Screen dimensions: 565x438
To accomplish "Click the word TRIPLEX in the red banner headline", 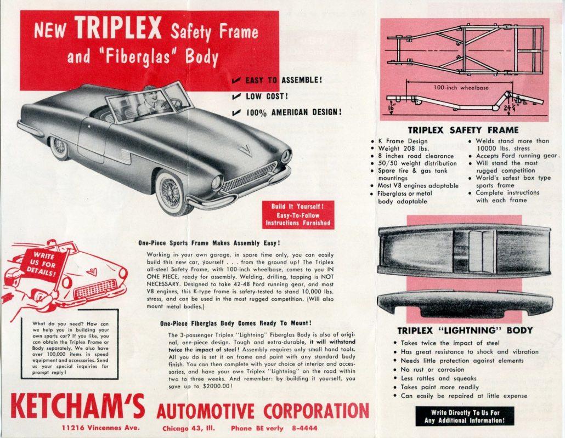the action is [x=118, y=28].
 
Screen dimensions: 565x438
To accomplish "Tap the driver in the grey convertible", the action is [x=150, y=102].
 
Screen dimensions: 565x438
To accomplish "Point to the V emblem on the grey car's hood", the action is [x=246, y=150].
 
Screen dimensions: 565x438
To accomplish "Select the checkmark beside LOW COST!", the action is [x=236, y=96].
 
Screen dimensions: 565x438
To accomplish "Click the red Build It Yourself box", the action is [x=298, y=215].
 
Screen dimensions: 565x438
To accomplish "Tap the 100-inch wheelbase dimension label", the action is [x=461, y=87].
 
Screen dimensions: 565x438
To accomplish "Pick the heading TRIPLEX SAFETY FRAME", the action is [x=463, y=130].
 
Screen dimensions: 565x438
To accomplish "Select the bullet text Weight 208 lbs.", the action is [x=403, y=149].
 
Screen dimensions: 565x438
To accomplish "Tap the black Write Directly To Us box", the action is [x=465, y=417].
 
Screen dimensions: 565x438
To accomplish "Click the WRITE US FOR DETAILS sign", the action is [x=43, y=264].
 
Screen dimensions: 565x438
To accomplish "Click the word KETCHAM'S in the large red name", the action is [x=77, y=407].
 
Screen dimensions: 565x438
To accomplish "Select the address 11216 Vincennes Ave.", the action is [x=100, y=428].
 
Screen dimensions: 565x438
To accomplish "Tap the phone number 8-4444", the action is [x=304, y=428].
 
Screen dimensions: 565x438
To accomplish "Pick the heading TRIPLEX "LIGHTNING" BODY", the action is [x=465, y=331].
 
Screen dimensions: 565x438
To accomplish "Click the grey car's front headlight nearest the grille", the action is [x=218, y=182].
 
